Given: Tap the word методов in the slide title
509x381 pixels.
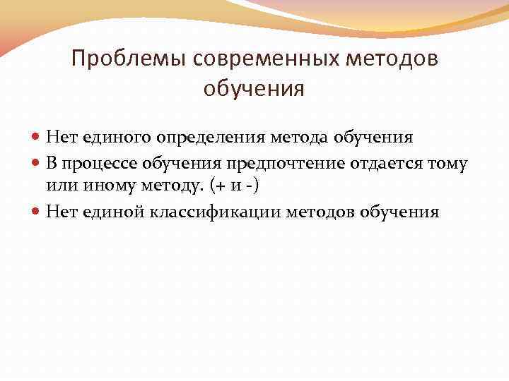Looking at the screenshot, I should click(399, 59).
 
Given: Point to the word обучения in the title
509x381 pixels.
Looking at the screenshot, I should click(254, 90).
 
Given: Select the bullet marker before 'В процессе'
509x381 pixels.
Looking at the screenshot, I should click(38, 164).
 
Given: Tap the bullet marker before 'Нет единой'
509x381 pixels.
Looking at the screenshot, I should click(38, 212).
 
